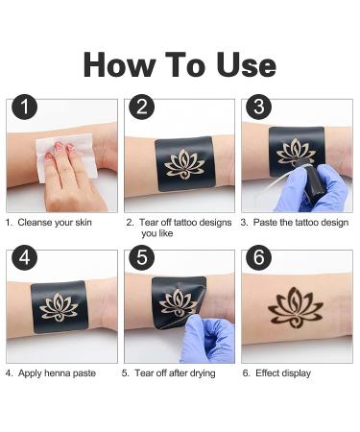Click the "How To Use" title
(180, 64)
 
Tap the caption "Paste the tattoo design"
(297, 222)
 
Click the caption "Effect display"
(282, 372)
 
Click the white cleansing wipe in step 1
(67, 151)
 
